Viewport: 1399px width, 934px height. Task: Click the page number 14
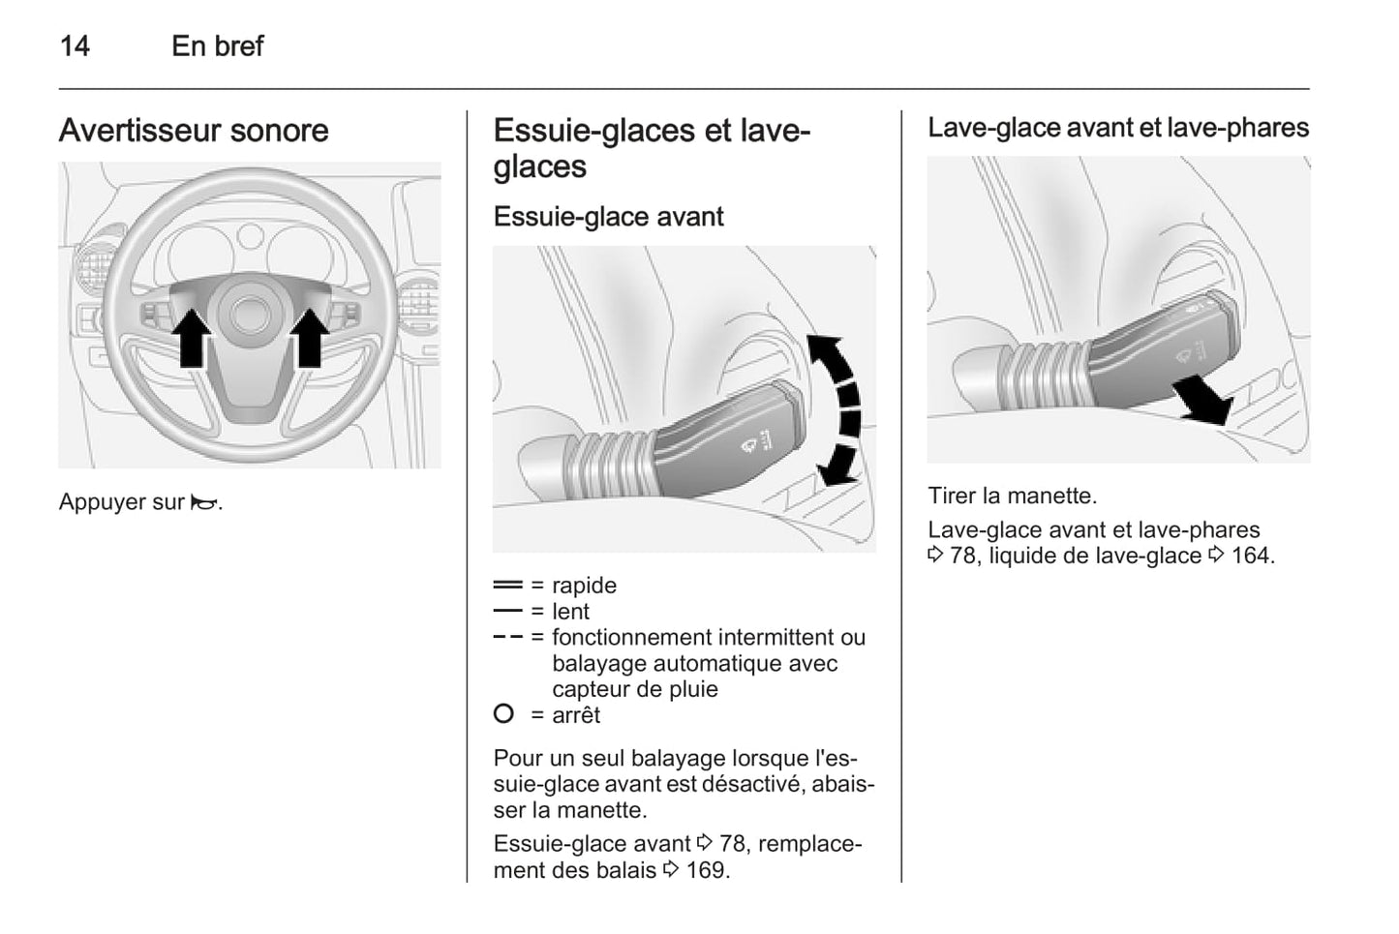pyautogui.click(x=75, y=45)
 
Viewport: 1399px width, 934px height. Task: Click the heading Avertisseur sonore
pyautogui.click(x=194, y=131)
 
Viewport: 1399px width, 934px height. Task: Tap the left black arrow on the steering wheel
pyautogui.click(x=193, y=337)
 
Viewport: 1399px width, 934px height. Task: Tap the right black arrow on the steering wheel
pyautogui.click(x=310, y=337)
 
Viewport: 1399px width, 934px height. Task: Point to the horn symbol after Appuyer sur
pyautogui.click(x=204, y=502)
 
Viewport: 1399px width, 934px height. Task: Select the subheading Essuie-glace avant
pyautogui.click(x=608, y=216)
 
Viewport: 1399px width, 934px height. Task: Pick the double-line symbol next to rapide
pyautogui.click(x=507, y=585)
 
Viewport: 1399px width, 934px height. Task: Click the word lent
pyautogui.click(x=570, y=612)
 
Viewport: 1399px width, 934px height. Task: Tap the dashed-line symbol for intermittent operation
pyautogui.click(x=507, y=637)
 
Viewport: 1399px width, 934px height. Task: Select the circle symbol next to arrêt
pyautogui.click(x=503, y=714)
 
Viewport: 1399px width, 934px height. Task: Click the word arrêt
pyautogui.click(x=576, y=715)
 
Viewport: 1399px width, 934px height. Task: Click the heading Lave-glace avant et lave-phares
pyautogui.click(x=1118, y=128)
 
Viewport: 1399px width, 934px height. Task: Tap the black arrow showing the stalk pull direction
pyautogui.click(x=1201, y=400)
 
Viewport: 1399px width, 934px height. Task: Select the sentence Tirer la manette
pyautogui.click(x=1012, y=496)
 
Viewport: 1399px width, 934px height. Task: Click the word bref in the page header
pyautogui.click(x=239, y=45)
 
